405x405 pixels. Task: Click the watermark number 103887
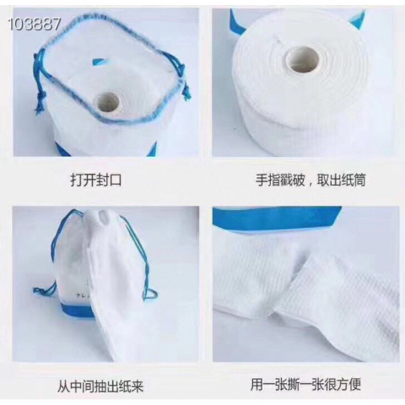[35, 24]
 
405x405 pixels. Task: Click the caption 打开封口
[96, 180]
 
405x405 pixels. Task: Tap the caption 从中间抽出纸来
[100, 386]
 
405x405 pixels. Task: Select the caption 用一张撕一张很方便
[305, 384]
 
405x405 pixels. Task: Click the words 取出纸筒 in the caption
[341, 180]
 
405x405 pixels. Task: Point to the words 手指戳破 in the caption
[280, 180]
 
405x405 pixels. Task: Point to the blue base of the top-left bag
[106, 148]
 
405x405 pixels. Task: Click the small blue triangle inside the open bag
[98, 61]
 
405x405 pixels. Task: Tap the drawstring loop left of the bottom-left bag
[45, 289]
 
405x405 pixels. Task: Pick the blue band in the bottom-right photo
[277, 217]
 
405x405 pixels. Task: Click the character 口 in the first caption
[116, 180]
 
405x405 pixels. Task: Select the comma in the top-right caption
[310, 184]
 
